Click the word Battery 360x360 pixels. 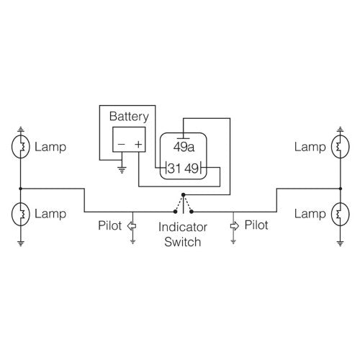(x=128, y=116)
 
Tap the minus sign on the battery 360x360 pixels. (x=120, y=144)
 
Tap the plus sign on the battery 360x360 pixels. (x=137, y=144)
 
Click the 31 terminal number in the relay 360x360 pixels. (x=173, y=170)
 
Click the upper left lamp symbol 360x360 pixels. (x=22, y=147)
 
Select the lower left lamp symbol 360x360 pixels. (x=22, y=214)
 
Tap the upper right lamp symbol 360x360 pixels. (x=338, y=147)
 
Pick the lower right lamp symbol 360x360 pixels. (x=338, y=214)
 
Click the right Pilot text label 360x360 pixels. (x=256, y=225)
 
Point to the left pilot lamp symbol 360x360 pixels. (x=132, y=225)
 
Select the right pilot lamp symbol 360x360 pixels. (x=233, y=225)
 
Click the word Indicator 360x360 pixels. (x=183, y=228)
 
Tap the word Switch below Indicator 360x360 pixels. (x=183, y=242)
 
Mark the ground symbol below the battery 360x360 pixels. (x=122, y=171)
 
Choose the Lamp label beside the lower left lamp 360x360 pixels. (x=50, y=214)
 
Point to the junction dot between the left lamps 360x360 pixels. (x=22, y=189)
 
